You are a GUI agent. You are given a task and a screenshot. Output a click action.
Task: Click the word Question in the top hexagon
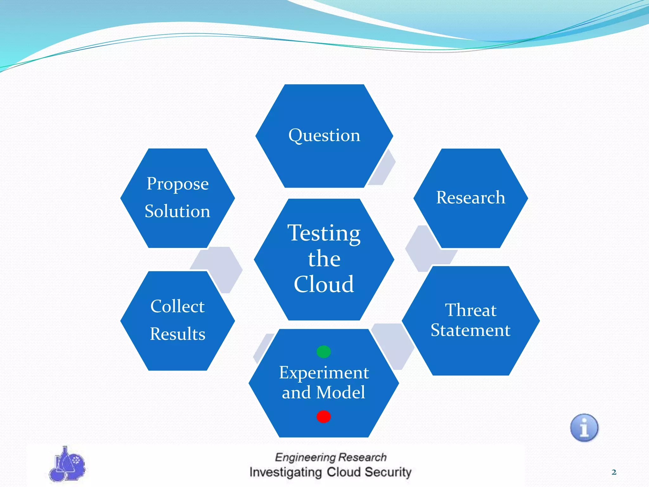click(x=324, y=136)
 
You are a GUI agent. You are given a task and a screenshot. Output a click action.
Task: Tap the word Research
click(x=471, y=198)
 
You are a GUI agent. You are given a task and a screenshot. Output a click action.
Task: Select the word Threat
click(x=471, y=310)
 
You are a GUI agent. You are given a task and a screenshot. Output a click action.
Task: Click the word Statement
click(x=471, y=330)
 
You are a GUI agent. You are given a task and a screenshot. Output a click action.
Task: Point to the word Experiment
click(x=324, y=373)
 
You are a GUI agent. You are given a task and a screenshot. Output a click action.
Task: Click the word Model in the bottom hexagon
click(x=341, y=392)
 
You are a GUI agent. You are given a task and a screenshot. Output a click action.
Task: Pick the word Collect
click(x=177, y=306)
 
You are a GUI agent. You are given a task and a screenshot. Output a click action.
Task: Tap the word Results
click(x=177, y=334)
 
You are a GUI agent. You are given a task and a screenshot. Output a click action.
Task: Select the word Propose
click(x=177, y=184)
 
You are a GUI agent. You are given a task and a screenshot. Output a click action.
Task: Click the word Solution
click(x=177, y=211)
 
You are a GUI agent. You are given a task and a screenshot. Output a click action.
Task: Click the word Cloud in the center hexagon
click(x=324, y=284)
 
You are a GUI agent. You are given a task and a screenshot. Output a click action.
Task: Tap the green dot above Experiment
click(x=324, y=352)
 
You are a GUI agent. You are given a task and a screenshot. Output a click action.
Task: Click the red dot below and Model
click(x=324, y=417)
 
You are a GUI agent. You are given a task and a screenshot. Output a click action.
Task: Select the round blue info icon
click(x=584, y=428)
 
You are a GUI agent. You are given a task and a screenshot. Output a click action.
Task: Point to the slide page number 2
click(x=614, y=472)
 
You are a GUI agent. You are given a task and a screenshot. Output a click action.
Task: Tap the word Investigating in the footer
click(x=286, y=472)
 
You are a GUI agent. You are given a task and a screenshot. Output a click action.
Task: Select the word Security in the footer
click(x=388, y=472)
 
